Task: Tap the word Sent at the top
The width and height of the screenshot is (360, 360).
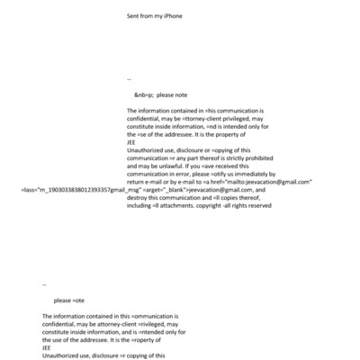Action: [134, 15]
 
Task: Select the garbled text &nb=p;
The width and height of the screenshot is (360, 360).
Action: [144, 94]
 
